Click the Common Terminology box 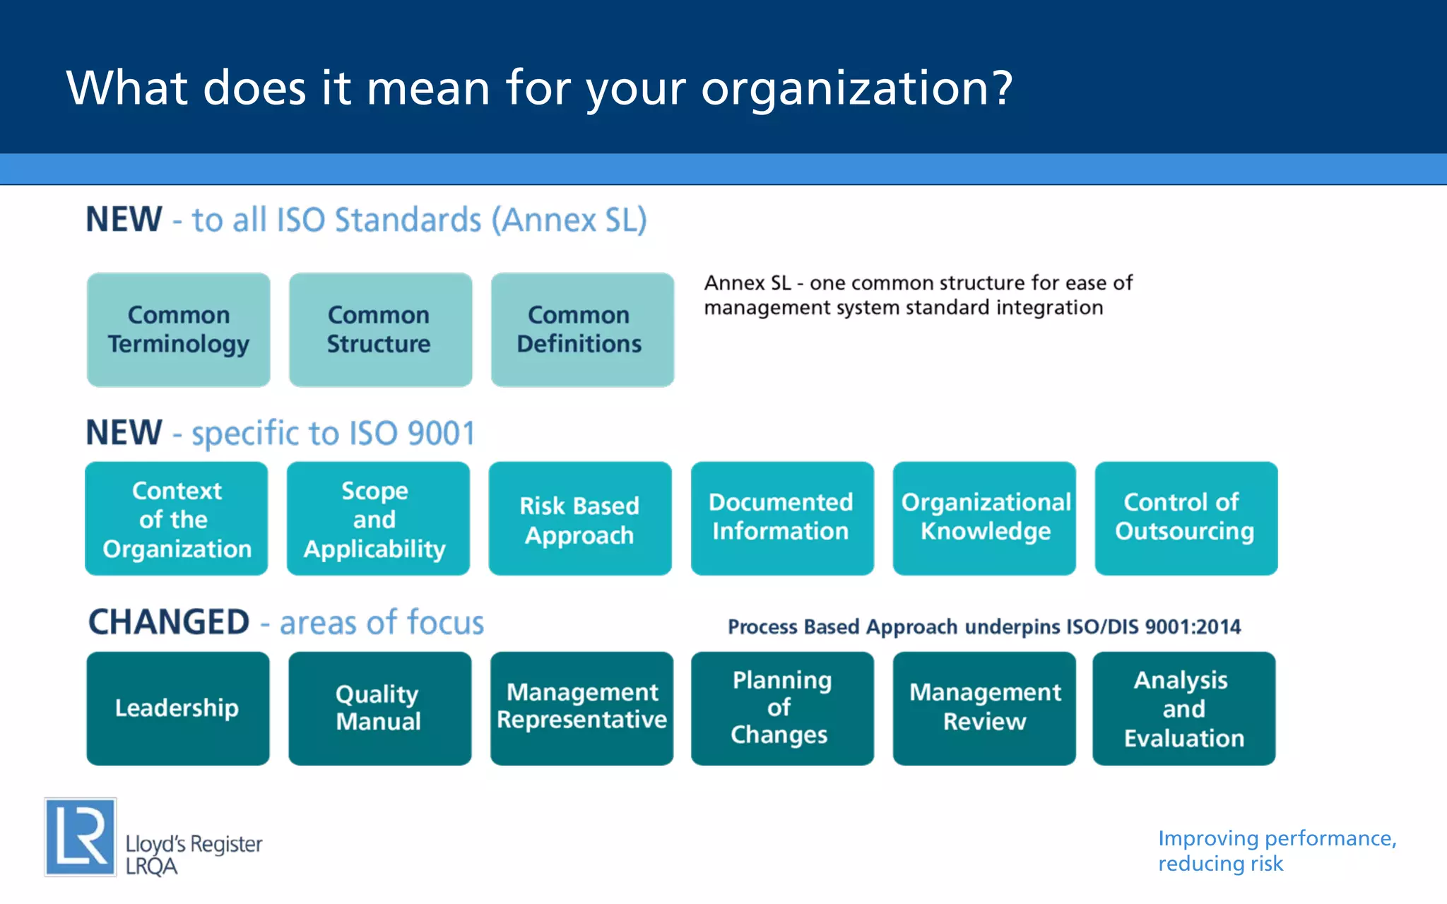tap(178, 329)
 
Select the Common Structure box tap(380, 329)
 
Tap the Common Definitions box tap(582, 329)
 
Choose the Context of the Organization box tap(177, 518)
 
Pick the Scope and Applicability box tap(378, 518)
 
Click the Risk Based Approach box tap(580, 518)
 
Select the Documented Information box tap(782, 518)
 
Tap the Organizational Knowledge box tap(984, 518)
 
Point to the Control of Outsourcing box tap(1186, 518)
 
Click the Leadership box tap(178, 708)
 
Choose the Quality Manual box tap(379, 708)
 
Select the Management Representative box tap(581, 708)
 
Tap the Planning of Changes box tap(782, 708)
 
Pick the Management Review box tap(984, 708)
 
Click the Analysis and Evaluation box tap(1183, 708)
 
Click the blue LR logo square tap(80, 837)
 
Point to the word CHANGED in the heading tap(169, 622)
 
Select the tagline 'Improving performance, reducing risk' tap(1276, 850)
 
